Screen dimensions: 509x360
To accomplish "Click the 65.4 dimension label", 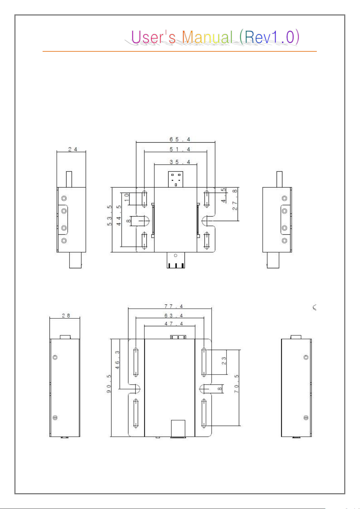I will (180, 139).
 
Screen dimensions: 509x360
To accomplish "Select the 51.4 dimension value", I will (180, 149).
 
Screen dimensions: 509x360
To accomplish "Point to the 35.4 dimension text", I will (180, 162).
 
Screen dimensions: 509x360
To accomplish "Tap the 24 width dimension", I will (72, 149).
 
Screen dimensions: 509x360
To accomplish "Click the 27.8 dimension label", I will (235, 199).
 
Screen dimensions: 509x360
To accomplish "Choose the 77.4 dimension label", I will (174, 306).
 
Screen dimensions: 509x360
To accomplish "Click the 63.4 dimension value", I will (174, 315).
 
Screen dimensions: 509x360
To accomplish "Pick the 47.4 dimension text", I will (174, 324).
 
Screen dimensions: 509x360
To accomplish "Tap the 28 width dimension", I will (66, 315).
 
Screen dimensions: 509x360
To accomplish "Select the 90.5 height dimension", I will (109, 384).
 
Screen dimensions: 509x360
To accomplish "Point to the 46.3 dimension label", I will (117, 359).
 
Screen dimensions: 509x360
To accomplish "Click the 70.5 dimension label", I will (236, 384).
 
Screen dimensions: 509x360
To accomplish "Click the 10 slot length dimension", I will (127, 198).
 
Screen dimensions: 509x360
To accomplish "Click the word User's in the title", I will (153, 37).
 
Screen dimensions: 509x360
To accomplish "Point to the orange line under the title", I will (180, 51).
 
